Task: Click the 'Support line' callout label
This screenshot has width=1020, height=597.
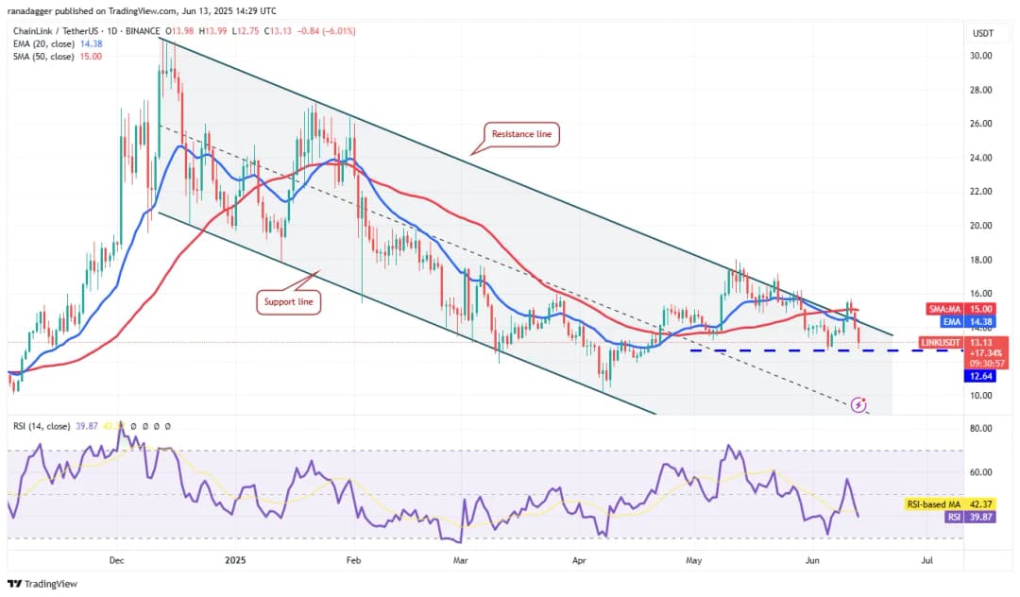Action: click(x=289, y=302)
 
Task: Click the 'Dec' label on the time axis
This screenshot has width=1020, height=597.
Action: click(x=117, y=560)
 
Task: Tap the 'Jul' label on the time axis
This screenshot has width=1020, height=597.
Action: click(x=926, y=560)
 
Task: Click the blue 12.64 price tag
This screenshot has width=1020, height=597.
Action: click(x=979, y=376)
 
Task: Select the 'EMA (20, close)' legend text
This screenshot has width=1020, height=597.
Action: click(x=43, y=43)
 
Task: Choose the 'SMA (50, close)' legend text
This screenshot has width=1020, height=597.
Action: click(x=43, y=57)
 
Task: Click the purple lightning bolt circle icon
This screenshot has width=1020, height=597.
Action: click(x=858, y=405)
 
